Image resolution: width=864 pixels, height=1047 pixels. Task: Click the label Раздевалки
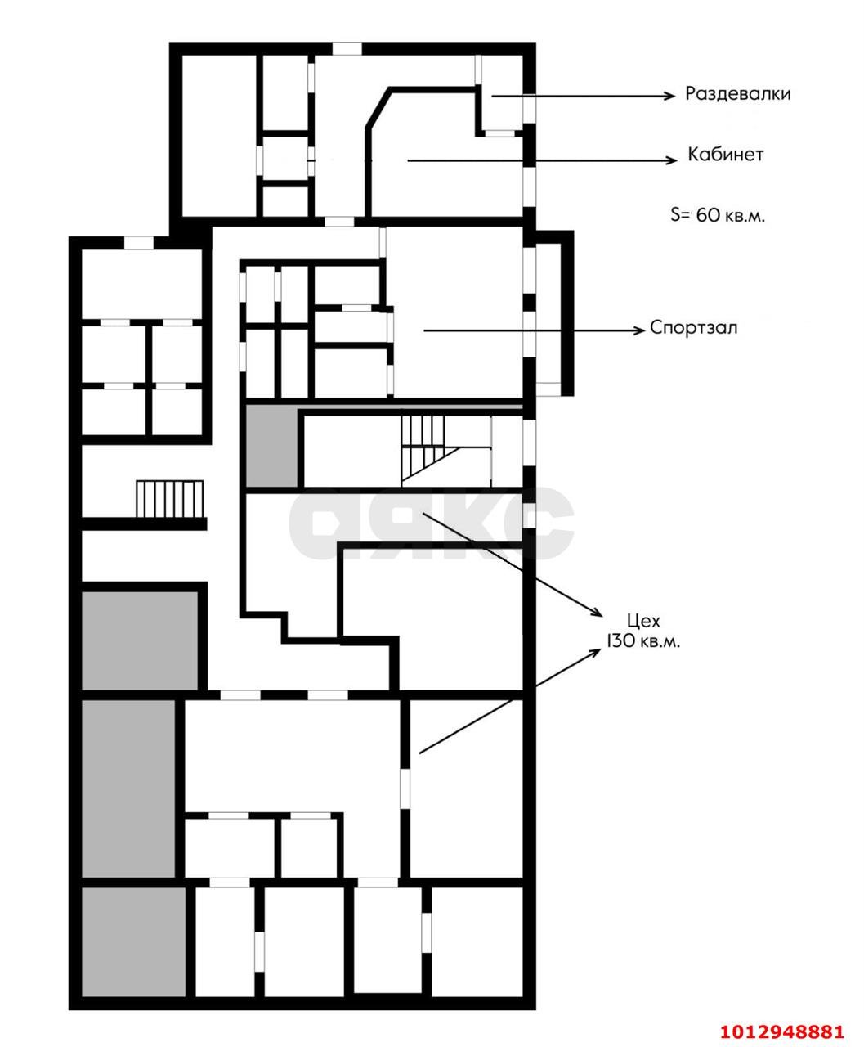point(738,94)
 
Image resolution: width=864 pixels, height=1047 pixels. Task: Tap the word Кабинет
point(726,155)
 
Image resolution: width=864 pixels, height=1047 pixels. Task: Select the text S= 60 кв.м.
point(718,216)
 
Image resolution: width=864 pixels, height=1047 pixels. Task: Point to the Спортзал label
point(694,328)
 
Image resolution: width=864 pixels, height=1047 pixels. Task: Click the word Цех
point(642,621)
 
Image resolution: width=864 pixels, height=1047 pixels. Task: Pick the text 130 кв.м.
point(642,641)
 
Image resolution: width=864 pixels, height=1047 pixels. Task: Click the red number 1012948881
point(781,1030)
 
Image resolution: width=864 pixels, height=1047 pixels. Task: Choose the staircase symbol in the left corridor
point(170,499)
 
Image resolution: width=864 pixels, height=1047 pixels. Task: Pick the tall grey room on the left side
point(128,787)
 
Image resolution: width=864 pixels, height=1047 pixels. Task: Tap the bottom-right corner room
point(477,941)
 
